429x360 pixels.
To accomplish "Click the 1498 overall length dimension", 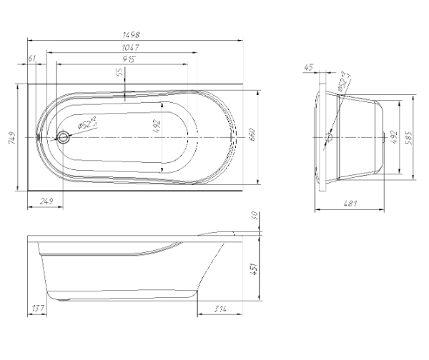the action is coord(131,35).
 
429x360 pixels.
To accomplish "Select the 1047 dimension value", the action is coord(131,48).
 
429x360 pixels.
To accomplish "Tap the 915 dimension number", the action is coord(129,59).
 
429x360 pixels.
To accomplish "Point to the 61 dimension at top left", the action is coord(32,59).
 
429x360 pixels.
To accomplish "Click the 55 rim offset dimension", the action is coord(120,72).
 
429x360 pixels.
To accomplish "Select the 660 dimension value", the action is coord(252,134).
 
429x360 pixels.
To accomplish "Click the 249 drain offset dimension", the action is coord(46,201).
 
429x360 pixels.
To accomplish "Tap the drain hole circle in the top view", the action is coord(63,137).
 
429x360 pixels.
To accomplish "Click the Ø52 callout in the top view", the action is coord(87,123).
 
